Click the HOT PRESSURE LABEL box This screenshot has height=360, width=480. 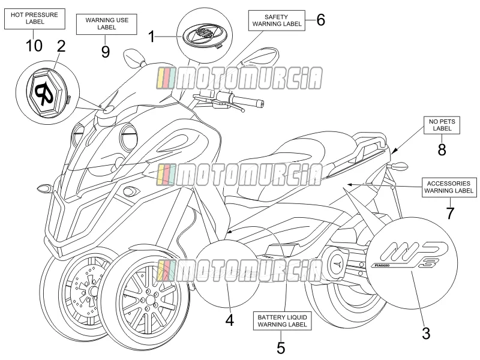click(35, 19)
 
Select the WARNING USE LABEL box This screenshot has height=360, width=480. click(107, 24)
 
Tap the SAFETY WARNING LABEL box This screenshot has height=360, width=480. click(277, 20)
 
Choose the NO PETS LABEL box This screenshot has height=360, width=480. click(442, 125)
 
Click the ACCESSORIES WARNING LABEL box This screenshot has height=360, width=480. click(449, 187)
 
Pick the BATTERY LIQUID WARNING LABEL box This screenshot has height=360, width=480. click(282, 321)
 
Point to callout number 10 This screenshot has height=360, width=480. click(34, 46)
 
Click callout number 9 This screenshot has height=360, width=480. click(106, 52)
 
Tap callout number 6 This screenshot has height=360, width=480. click(320, 20)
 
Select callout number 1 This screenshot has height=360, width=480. click(152, 37)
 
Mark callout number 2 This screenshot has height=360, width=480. click(62, 46)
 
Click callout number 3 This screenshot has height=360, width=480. click(426, 334)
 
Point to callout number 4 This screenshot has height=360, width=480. click(230, 320)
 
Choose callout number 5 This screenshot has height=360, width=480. click(281, 348)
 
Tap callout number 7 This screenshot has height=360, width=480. click(449, 213)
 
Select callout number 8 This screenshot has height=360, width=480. click(442, 150)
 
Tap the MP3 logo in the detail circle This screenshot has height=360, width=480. click(412, 255)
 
